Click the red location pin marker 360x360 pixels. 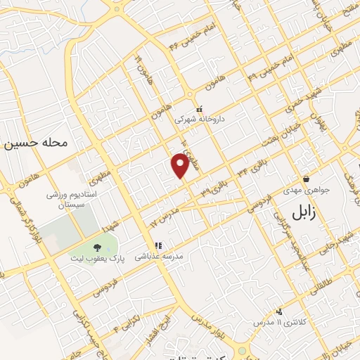tap(181, 166)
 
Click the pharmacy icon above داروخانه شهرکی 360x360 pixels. tap(200, 109)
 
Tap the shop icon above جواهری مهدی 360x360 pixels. tap(306, 179)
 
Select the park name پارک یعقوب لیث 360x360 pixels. tap(96, 258)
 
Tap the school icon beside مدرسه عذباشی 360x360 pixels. tap(159, 246)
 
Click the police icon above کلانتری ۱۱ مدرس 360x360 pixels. tap(279, 311)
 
